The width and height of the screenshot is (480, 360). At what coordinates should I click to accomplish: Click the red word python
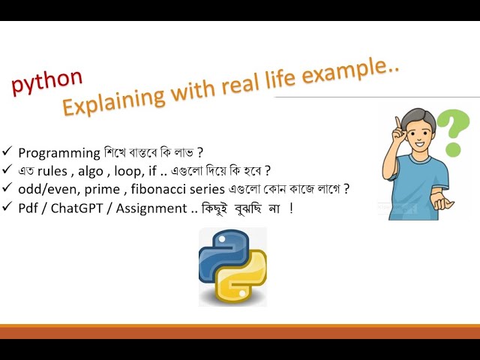[46, 82]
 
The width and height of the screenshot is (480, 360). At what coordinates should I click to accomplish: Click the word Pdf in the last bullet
[29, 208]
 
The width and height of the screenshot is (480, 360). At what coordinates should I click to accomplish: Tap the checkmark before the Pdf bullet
[7, 208]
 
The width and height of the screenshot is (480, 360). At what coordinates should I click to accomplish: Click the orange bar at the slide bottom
[240, 331]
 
